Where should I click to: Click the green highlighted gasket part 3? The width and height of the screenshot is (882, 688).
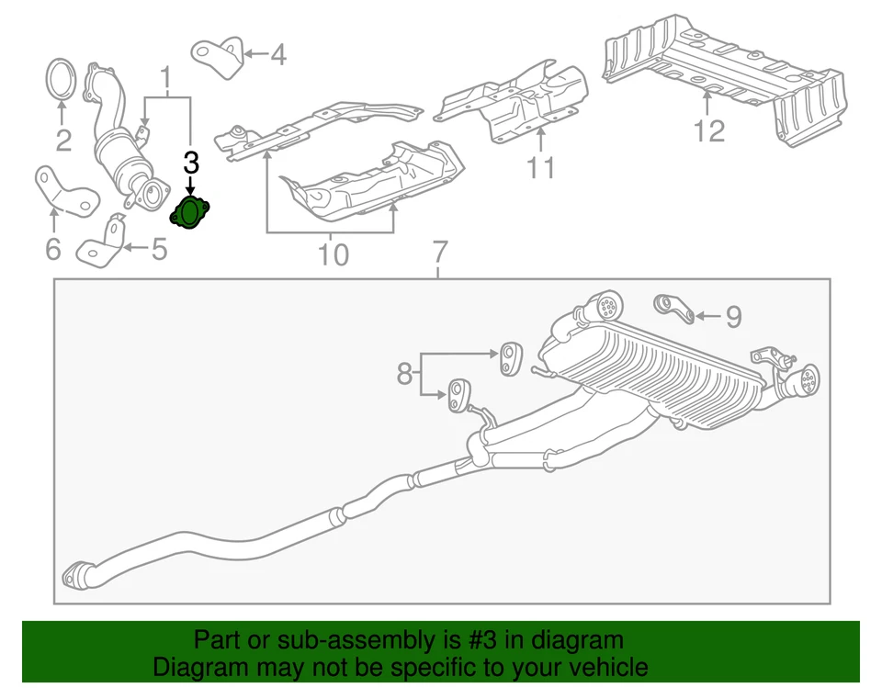tap(190, 214)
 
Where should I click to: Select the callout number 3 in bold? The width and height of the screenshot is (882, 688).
tap(190, 164)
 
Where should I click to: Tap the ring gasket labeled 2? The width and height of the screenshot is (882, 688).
tap(62, 77)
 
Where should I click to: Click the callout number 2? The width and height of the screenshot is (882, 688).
tap(62, 141)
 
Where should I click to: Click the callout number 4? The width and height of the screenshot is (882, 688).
tap(277, 55)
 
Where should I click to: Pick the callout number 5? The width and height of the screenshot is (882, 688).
tap(159, 248)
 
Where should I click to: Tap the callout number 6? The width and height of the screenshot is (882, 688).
tap(52, 248)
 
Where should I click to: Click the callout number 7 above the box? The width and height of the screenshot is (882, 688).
tap(439, 250)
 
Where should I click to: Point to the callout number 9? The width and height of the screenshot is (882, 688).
tap(732, 317)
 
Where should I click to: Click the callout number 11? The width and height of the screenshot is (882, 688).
tap(541, 168)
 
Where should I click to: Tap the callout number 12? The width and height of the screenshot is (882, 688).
tap(708, 130)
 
